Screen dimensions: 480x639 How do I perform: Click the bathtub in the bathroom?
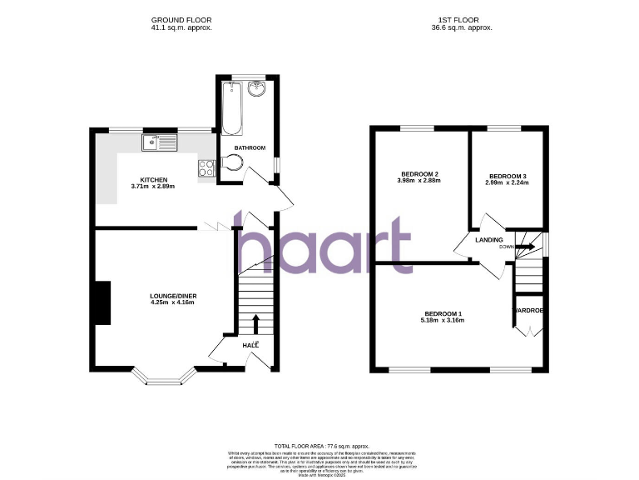tap(232, 108)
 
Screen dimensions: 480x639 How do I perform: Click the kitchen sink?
tap(160, 142)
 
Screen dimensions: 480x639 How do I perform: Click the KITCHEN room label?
tap(154, 180)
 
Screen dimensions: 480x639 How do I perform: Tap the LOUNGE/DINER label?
tap(173, 296)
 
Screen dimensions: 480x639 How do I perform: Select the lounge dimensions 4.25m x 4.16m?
tap(173, 303)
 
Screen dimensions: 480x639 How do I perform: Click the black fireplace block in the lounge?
tap(102, 302)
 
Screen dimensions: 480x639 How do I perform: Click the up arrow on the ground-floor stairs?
tap(255, 323)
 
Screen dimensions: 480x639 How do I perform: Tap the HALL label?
tap(250, 345)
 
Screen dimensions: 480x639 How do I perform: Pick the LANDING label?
tap(488, 240)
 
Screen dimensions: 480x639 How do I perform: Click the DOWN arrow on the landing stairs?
tap(524, 246)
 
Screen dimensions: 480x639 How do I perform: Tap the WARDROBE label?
tap(528, 310)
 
